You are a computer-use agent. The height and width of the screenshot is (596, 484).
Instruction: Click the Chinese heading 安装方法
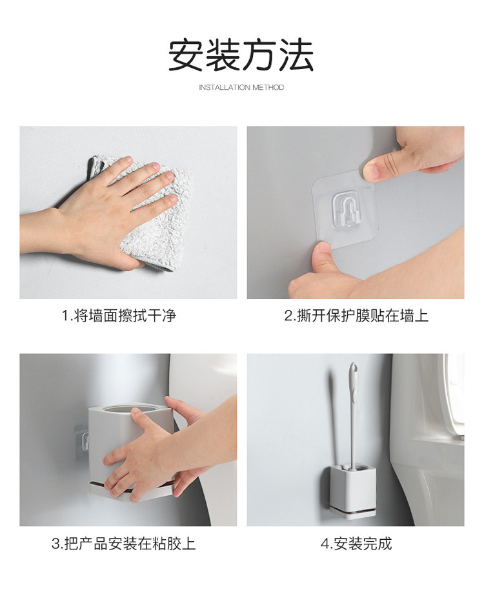point(241,54)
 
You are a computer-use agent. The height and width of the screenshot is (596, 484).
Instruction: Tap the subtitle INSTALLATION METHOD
point(241,87)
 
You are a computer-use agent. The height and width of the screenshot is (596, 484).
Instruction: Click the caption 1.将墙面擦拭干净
point(119,316)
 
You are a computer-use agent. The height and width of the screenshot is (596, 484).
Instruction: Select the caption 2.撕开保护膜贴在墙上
point(356,316)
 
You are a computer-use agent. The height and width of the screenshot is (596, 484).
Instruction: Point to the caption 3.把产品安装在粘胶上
point(123,543)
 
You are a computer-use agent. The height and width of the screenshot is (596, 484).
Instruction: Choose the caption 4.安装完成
point(356,543)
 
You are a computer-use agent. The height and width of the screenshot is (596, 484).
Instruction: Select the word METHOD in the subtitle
point(268,87)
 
